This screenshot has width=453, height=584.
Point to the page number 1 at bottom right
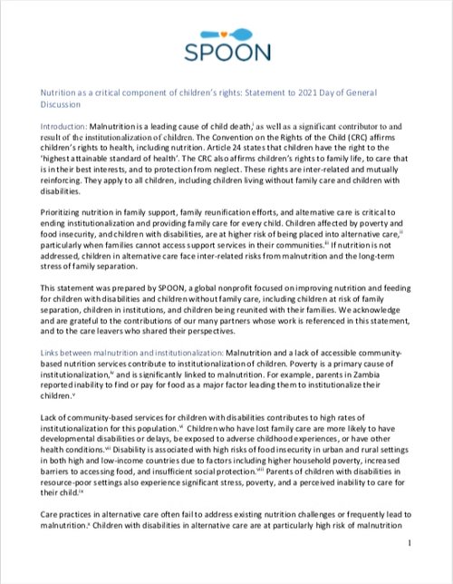click(x=410, y=569)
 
